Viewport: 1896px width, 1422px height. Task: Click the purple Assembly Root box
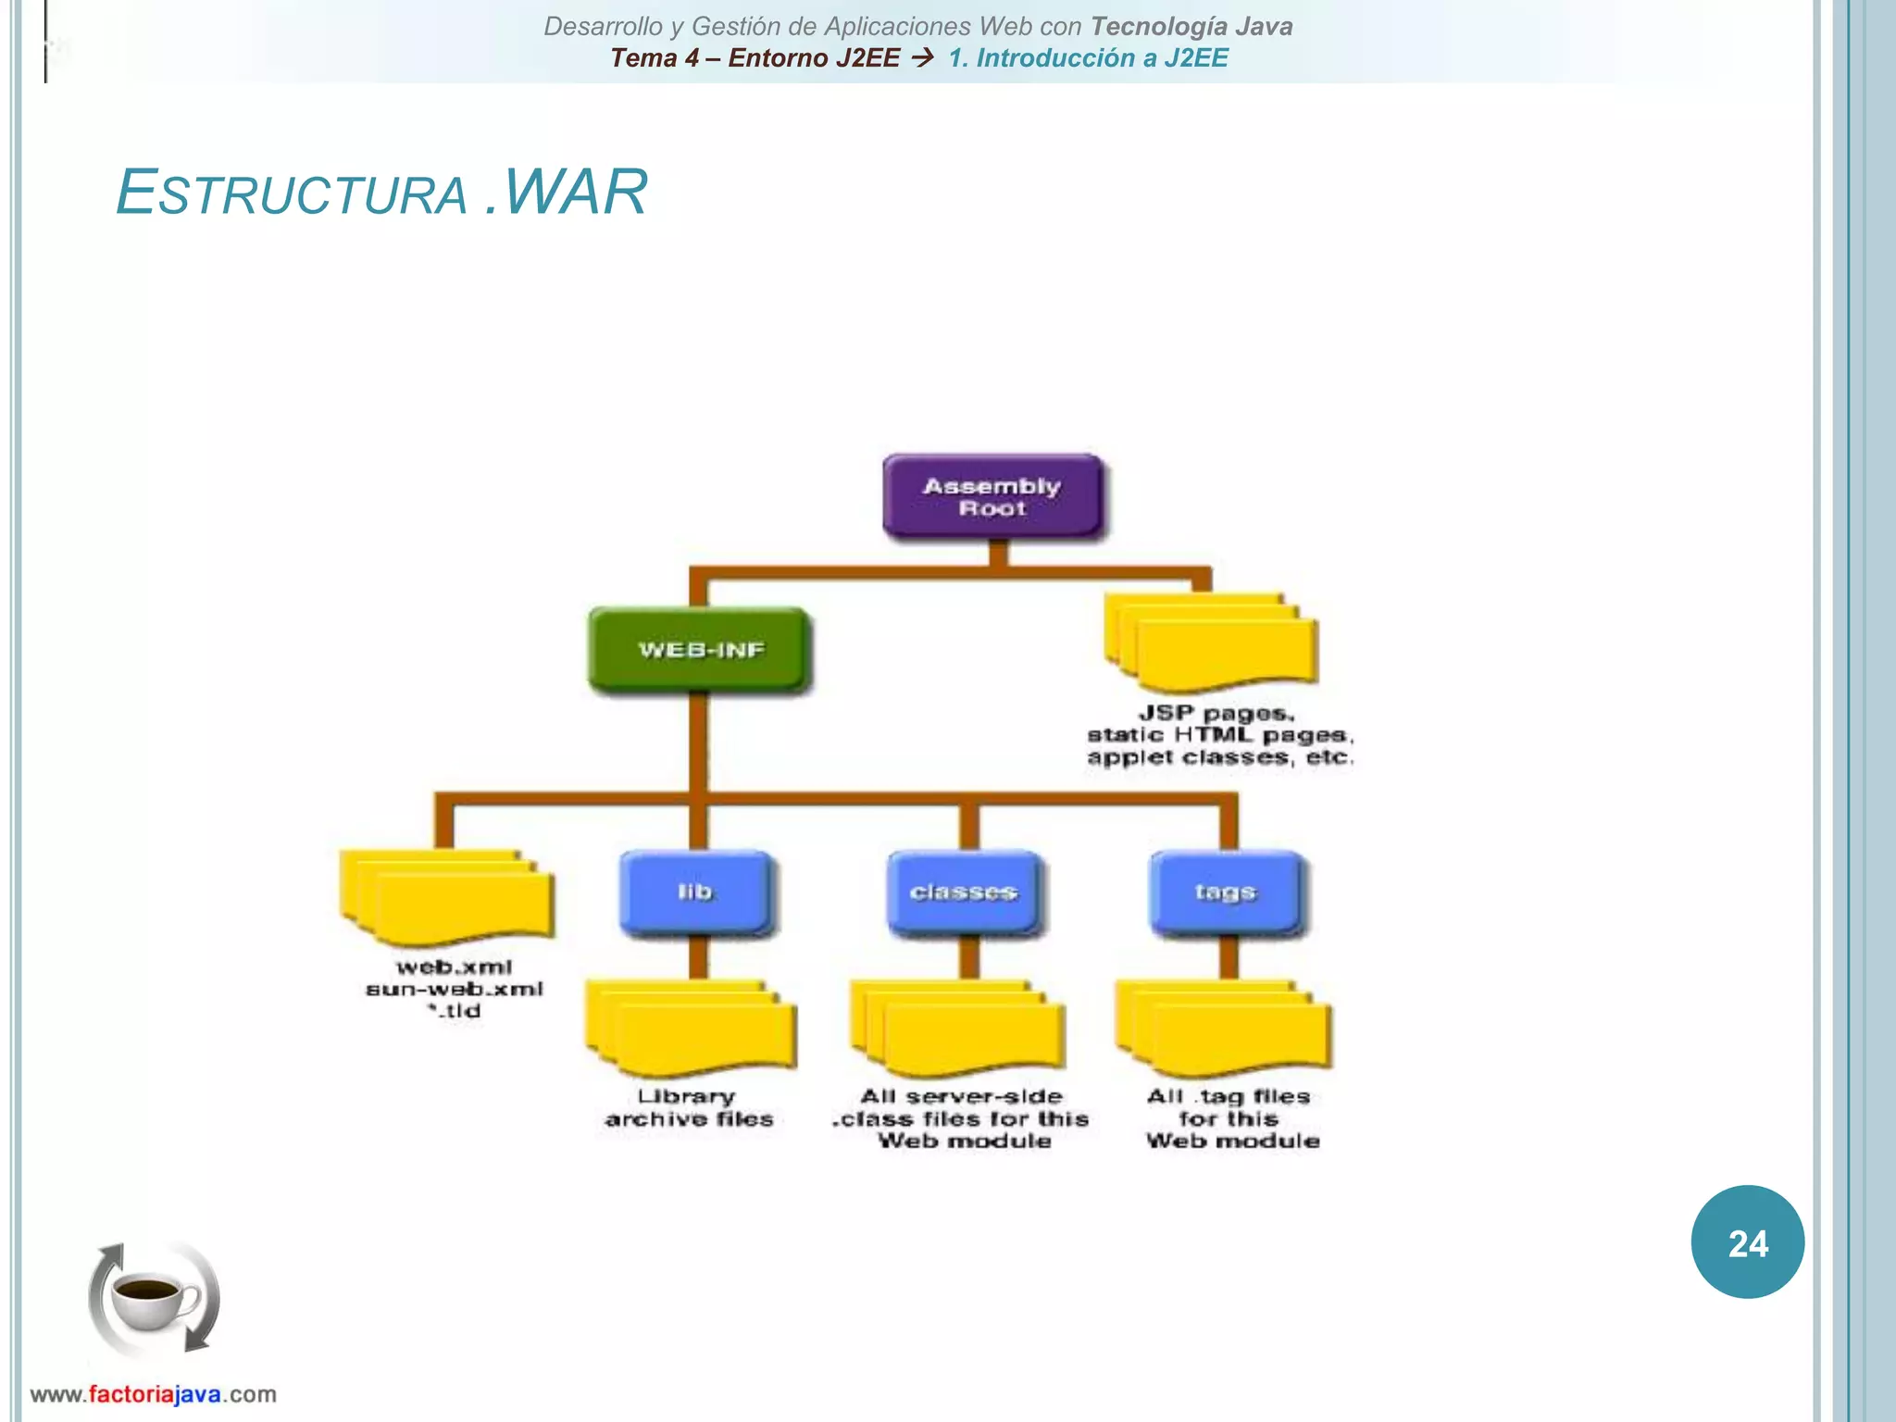(x=992, y=497)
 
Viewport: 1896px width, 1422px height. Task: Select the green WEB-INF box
(x=700, y=650)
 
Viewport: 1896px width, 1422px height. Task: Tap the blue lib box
(x=695, y=892)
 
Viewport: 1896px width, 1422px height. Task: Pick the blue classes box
(x=964, y=892)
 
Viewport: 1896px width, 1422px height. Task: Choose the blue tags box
(x=1226, y=892)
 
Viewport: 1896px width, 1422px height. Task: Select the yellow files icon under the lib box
(x=692, y=1029)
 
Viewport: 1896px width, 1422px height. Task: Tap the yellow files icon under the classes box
(x=959, y=1029)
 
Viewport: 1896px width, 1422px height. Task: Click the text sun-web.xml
(x=455, y=990)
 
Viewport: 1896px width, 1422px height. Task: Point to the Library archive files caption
(x=688, y=1108)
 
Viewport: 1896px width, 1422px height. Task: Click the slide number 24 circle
(x=1747, y=1242)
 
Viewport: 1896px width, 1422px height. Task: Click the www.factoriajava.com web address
(x=154, y=1394)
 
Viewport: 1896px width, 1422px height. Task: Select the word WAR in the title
(x=575, y=193)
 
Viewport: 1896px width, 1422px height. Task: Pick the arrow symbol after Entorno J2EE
(x=923, y=58)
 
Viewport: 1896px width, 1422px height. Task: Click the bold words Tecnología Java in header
(x=1191, y=26)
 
